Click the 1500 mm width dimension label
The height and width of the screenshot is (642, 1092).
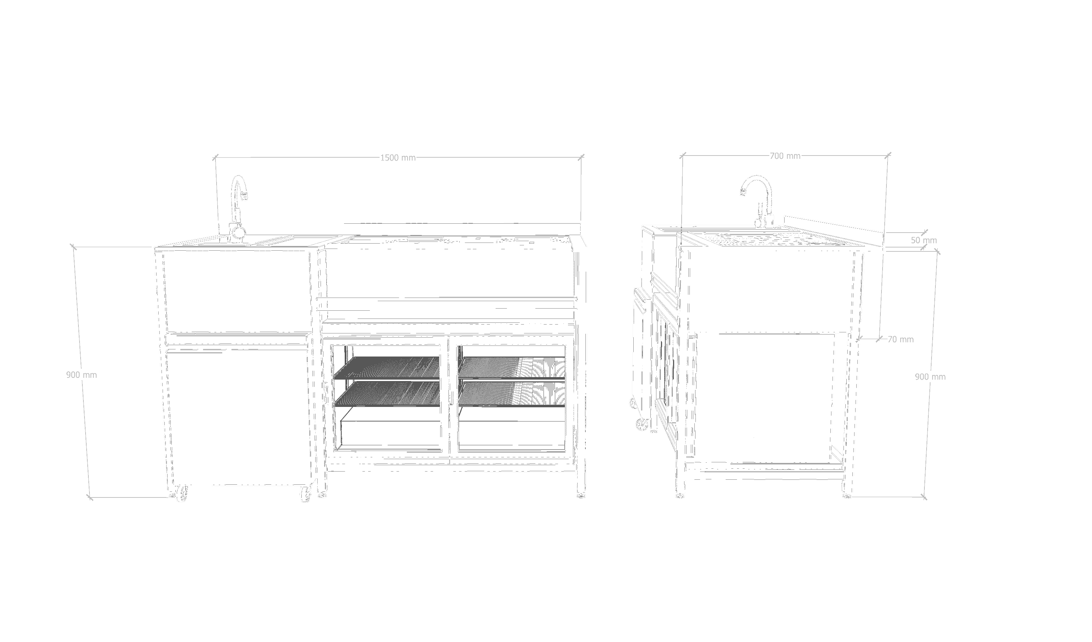click(398, 158)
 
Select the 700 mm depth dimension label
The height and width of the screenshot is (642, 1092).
click(785, 156)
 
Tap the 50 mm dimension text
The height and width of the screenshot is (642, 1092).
click(923, 240)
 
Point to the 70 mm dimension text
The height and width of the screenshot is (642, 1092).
click(900, 339)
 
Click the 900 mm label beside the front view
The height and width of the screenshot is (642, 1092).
click(81, 375)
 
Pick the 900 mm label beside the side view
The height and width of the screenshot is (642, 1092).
click(930, 377)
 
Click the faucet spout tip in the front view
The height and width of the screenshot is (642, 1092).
click(245, 196)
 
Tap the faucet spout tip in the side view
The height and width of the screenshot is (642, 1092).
click(743, 192)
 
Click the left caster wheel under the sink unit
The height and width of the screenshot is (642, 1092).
click(182, 493)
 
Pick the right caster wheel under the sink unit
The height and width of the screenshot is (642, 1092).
click(306, 494)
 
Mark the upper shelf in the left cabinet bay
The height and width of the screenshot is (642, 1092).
click(387, 368)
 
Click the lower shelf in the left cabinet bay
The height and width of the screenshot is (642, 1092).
click(387, 393)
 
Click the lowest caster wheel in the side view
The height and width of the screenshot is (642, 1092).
click(642, 424)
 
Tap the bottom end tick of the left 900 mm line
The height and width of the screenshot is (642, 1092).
click(90, 497)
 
